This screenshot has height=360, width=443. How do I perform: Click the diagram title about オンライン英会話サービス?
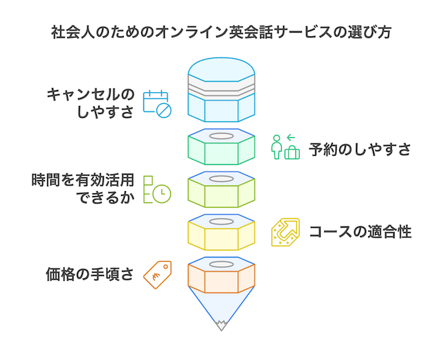[221, 33]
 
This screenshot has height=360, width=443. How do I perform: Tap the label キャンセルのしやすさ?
[91, 103]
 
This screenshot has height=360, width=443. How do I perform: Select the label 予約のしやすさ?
[360, 150]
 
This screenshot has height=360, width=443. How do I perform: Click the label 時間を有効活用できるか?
[82, 188]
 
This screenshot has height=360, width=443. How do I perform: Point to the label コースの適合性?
[360, 232]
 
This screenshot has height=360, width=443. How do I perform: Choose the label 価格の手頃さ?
[90, 274]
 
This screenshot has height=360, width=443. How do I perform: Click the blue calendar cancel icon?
[157, 104]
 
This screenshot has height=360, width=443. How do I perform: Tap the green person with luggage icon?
[285, 147]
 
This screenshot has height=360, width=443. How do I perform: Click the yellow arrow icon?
[285, 232]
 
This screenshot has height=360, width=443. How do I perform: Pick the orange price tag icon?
[157, 275]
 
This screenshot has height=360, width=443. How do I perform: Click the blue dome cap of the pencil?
[221, 69]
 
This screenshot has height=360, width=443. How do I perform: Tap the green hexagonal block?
[221, 147]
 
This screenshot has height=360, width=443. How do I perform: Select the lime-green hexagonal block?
[221, 189]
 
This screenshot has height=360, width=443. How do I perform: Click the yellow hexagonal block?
[221, 233]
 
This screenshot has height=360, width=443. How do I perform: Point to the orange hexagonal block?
[221, 275]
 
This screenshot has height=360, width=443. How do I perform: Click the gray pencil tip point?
[221, 330]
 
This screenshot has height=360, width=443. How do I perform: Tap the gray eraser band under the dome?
[221, 88]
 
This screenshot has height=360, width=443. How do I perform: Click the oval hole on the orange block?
[221, 264]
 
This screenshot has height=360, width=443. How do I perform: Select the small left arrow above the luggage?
[291, 138]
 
